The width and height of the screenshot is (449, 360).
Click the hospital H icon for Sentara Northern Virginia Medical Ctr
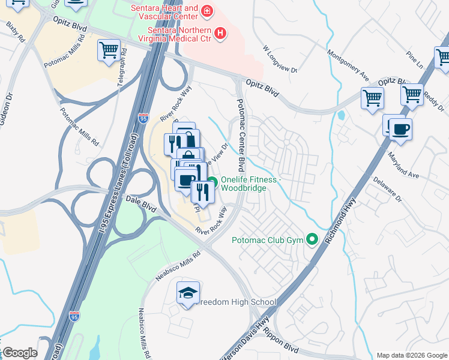220,33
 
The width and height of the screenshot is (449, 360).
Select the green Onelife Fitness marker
212,183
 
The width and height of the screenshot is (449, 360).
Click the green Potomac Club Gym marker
312,240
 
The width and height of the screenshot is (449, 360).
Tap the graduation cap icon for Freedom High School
188,293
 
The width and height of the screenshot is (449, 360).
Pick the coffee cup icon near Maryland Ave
400,129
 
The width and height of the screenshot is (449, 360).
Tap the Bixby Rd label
16,33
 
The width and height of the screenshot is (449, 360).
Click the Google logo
20,353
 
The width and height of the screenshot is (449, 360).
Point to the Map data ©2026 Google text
412,355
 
